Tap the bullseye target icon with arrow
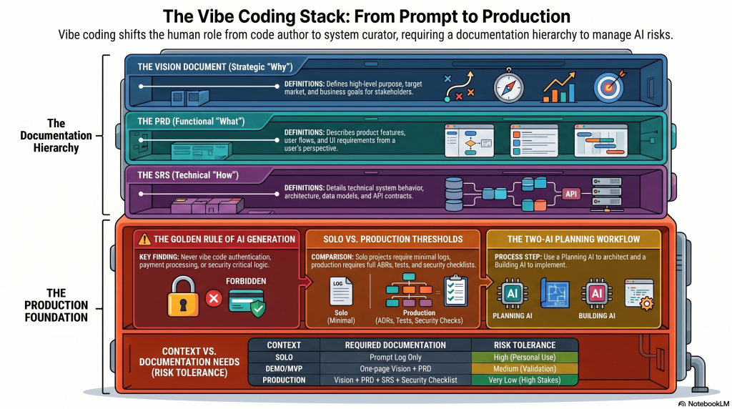pyautogui.click(x=610, y=87)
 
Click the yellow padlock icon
pyautogui.click(x=183, y=297)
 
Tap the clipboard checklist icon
pyautogui.click(x=455, y=291)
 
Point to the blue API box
pyautogui.click(x=570, y=194)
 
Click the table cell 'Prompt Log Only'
pyautogui.click(x=395, y=357)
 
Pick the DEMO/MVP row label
pyautogui.click(x=284, y=368)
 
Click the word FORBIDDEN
pyautogui.click(x=245, y=281)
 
